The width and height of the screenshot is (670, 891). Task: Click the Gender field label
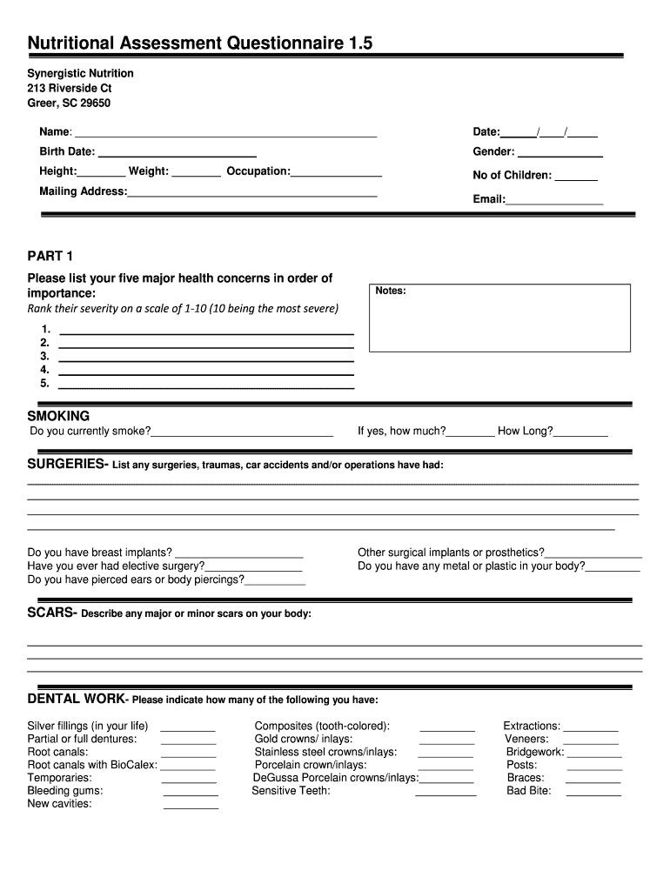(493, 151)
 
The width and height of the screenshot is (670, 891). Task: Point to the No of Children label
(512, 175)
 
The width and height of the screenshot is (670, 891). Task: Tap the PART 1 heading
(50, 256)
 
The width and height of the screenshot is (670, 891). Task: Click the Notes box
(499, 318)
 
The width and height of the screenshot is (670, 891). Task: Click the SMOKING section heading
(58, 416)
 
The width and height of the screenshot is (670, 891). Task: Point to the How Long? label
(525, 431)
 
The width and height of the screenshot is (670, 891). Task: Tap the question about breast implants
(100, 553)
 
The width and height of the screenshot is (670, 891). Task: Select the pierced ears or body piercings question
(136, 579)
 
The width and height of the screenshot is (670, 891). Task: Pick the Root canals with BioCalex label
(92, 765)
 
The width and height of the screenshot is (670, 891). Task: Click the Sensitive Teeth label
(291, 791)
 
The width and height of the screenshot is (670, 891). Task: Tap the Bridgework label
(535, 752)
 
